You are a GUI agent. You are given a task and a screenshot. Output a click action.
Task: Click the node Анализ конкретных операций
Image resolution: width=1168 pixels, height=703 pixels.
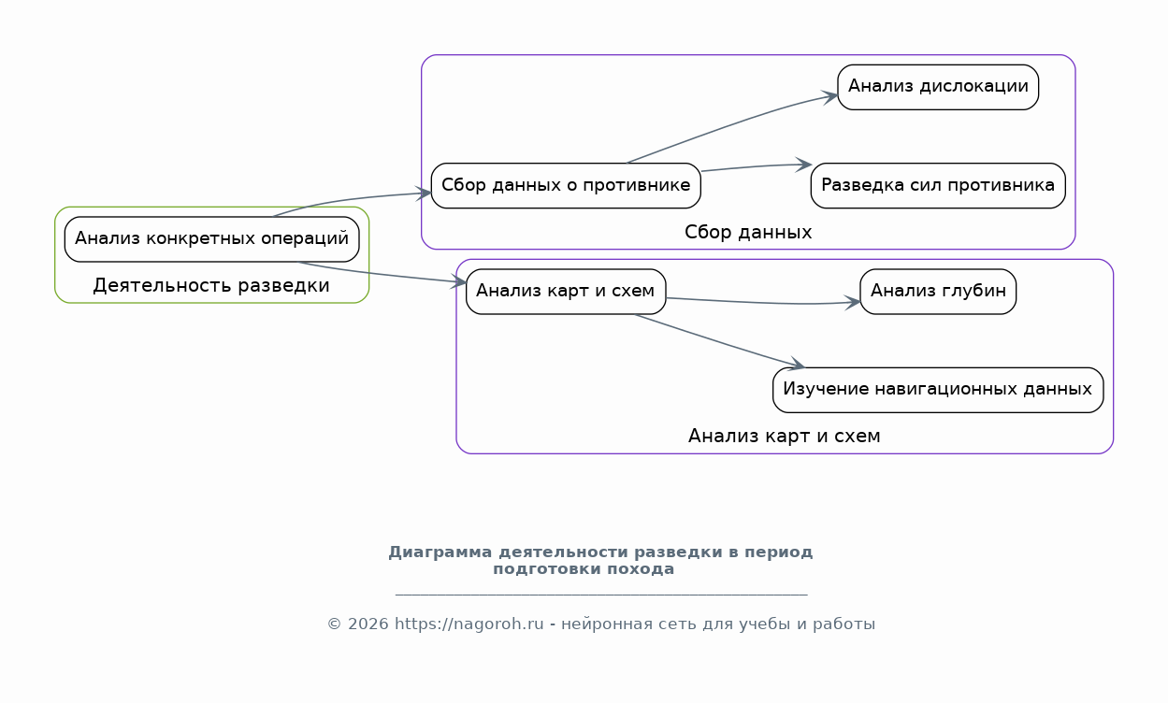211,239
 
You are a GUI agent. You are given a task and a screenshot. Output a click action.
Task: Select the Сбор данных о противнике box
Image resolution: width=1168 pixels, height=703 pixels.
566,185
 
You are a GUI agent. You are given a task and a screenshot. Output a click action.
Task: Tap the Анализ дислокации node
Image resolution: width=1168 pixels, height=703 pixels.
938,87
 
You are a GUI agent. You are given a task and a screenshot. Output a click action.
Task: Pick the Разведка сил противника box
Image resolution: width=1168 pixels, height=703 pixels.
938,185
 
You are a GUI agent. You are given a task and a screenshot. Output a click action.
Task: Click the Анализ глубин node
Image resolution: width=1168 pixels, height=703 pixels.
938,292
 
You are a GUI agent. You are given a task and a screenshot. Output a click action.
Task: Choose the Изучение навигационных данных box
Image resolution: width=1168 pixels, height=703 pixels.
938,390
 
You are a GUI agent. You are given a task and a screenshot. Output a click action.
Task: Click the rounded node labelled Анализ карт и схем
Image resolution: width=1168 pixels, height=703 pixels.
566,292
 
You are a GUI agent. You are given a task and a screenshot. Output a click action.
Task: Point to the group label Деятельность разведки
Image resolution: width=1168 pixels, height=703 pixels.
211,285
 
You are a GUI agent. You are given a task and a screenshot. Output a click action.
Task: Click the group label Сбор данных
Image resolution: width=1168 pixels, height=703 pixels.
748,232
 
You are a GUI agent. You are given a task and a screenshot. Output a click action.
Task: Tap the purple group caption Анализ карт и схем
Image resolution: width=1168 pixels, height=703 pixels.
785,436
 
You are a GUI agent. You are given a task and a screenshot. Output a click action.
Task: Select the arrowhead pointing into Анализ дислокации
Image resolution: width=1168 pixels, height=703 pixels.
829,96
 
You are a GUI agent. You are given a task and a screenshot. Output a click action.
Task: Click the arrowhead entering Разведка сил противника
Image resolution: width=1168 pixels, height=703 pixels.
803,165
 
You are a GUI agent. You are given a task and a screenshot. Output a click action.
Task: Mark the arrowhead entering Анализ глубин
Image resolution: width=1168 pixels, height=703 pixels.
852,302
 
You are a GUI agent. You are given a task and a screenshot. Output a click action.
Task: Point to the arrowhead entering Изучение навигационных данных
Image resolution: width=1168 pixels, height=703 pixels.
796,364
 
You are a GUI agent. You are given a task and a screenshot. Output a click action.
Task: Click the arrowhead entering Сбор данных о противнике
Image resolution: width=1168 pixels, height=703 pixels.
423,193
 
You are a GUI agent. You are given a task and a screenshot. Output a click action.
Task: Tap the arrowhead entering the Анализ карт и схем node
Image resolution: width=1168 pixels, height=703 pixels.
457,281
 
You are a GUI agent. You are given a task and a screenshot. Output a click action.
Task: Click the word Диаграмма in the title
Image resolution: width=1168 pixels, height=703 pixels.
440,552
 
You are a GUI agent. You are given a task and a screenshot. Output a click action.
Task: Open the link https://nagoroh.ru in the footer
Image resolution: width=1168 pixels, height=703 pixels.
469,624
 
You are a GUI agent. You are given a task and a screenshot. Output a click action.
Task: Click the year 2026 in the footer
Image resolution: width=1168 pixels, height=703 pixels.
368,624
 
